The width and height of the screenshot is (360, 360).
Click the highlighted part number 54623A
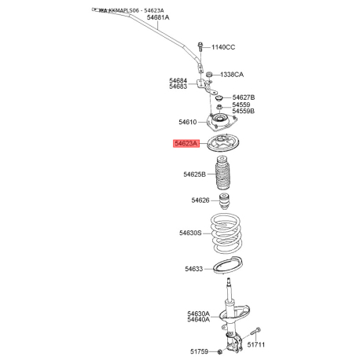tap(188, 144)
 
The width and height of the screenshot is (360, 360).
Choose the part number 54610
tap(191, 122)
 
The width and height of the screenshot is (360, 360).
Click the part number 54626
tap(200, 200)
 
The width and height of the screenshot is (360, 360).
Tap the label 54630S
tap(190, 233)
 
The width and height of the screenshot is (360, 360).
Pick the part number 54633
tap(194, 269)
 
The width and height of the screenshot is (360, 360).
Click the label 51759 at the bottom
tap(200, 351)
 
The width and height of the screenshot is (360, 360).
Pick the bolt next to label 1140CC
tap(201, 48)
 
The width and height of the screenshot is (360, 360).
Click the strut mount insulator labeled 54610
tap(222, 121)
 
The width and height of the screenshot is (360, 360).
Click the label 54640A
tap(198, 320)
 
